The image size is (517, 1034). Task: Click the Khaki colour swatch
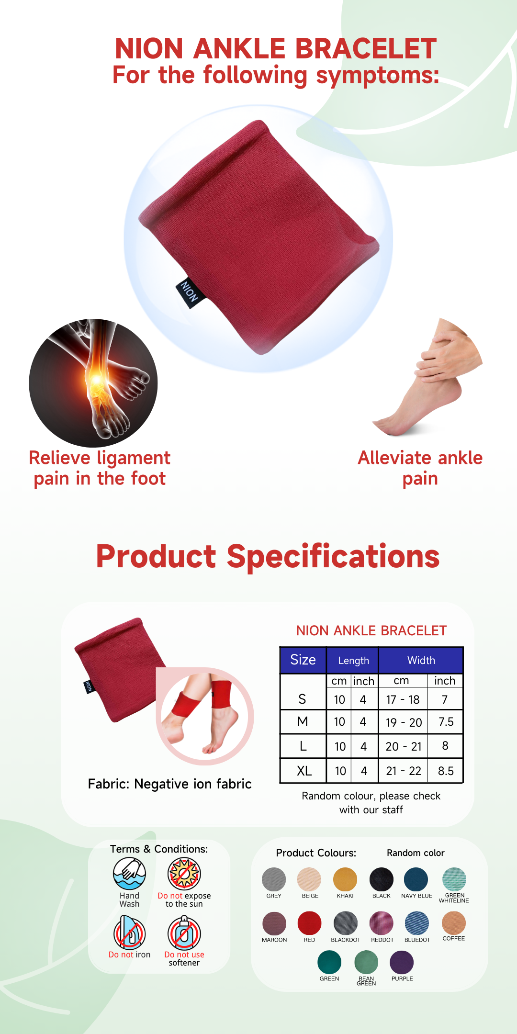[x=345, y=879]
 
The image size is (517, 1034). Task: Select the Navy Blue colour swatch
[x=416, y=879]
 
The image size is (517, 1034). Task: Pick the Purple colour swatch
[x=402, y=962]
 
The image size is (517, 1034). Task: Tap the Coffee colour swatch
[x=454, y=923]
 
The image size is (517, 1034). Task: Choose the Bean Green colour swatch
[x=366, y=962]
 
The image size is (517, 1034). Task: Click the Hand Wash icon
[x=129, y=874]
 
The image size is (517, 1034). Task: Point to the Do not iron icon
[x=129, y=933]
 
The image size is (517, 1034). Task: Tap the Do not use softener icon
[x=184, y=933]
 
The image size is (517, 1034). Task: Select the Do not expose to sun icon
[x=184, y=874]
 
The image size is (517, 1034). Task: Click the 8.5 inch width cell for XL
[x=446, y=771]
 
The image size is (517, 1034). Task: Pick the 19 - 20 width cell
[x=404, y=722]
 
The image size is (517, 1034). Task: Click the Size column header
[x=303, y=660]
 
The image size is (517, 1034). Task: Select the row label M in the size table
[x=303, y=722]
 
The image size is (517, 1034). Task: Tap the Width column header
[x=421, y=660]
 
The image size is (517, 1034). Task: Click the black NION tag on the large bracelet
[x=190, y=292]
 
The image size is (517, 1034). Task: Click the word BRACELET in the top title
[x=366, y=48]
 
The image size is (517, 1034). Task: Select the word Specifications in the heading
[x=333, y=557]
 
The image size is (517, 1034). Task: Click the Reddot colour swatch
[x=382, y=923]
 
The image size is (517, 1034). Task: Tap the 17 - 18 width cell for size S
[x=403, y=699]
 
